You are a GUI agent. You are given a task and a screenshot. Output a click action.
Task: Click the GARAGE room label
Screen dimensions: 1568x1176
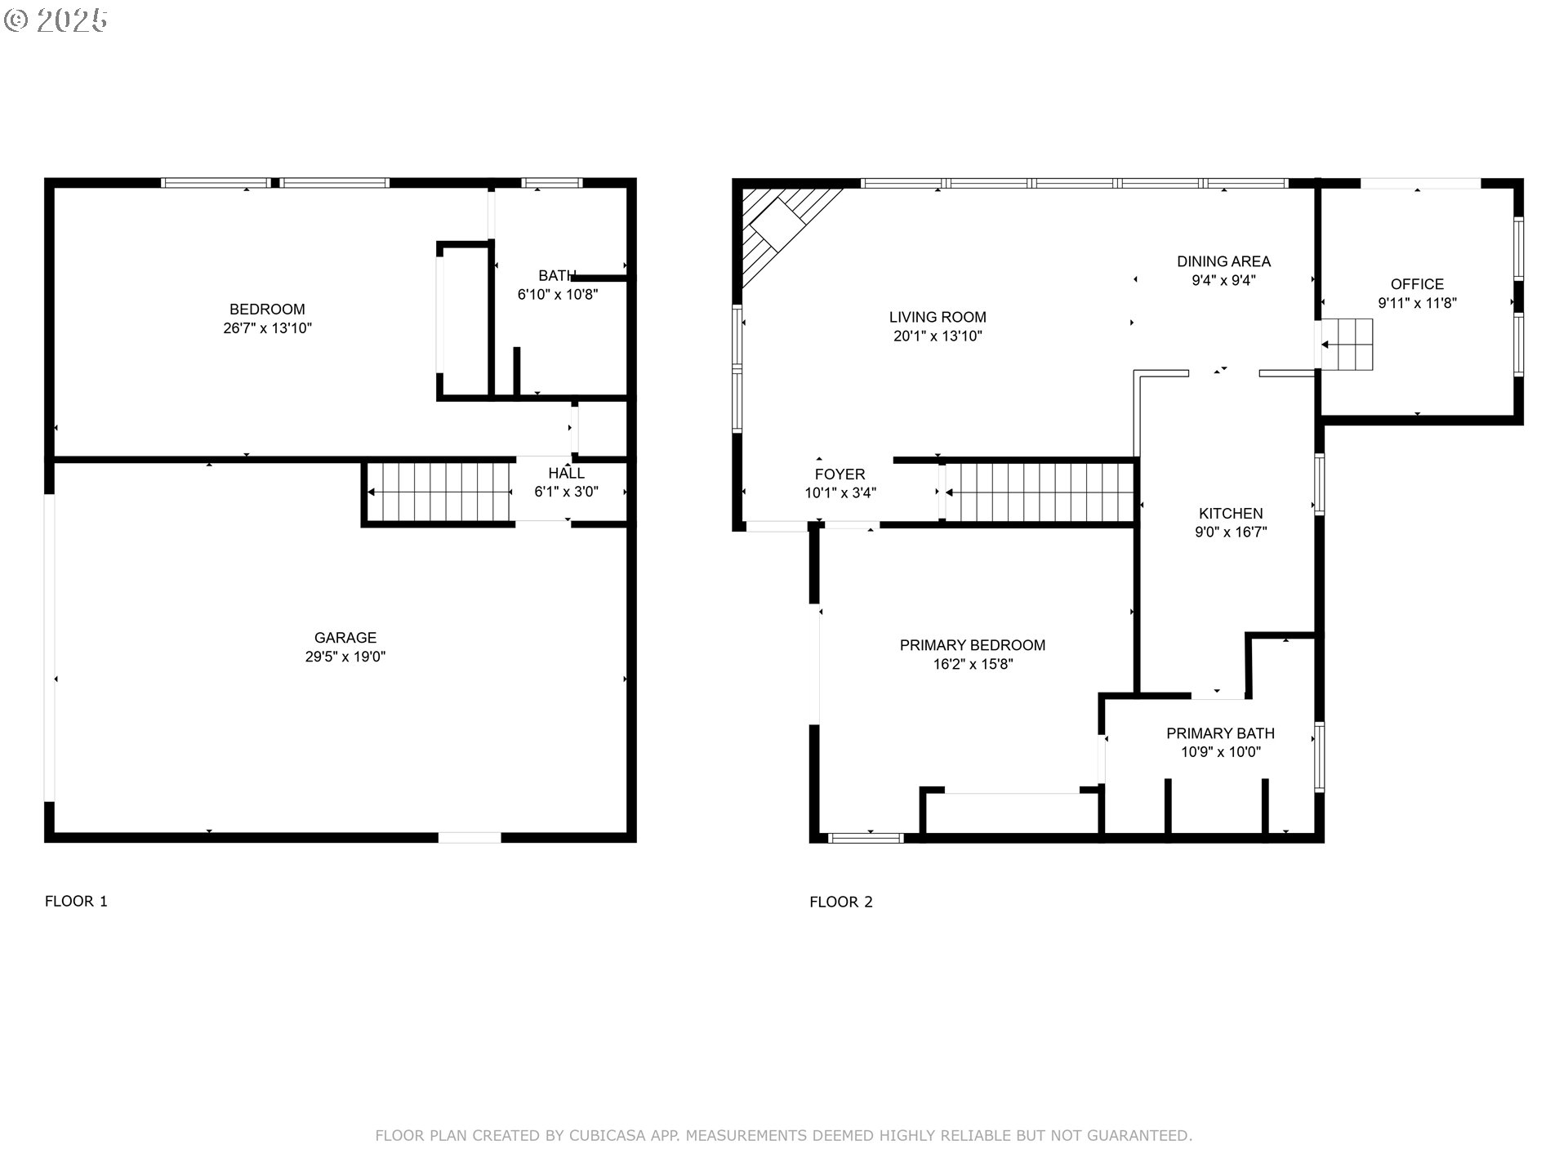coord(345,638)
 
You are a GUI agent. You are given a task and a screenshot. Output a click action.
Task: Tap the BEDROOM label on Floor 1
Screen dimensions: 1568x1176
coord(267,310)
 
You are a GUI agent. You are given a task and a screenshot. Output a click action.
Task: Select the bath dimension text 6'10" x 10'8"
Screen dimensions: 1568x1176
coord(558,295)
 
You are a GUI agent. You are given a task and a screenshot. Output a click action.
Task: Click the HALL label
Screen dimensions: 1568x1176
coord(566,474)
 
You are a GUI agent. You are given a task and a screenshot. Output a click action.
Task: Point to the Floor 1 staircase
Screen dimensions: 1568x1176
coord(439,492)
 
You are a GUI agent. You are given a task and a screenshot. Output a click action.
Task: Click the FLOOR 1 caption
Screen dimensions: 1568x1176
coord(76,902)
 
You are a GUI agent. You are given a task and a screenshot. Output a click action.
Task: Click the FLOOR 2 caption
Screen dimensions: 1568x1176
coord(841,902)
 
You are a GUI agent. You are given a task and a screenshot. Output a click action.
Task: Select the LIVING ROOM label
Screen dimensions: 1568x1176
coord(938,317)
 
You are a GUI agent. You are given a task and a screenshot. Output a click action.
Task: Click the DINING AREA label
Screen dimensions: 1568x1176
coord(1223,261)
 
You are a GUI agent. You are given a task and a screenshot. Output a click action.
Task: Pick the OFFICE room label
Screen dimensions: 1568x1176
coord(1418,284)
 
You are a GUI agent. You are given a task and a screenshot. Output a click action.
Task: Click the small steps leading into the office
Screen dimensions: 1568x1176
coord(1347,344)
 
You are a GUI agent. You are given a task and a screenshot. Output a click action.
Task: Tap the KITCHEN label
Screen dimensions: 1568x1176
coord(1231,514)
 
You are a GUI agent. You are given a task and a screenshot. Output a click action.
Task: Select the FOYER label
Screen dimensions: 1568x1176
coord(840,474)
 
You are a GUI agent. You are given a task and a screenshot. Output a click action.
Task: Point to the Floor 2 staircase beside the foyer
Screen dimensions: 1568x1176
coord(1039,492)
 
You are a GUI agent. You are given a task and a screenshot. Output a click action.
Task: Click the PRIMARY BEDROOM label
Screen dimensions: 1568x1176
coord(973,645)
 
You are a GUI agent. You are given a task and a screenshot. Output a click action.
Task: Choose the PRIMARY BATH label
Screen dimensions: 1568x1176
coord(1220,733)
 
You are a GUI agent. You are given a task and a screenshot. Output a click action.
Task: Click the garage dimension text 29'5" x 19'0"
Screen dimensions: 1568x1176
coord(345,657)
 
